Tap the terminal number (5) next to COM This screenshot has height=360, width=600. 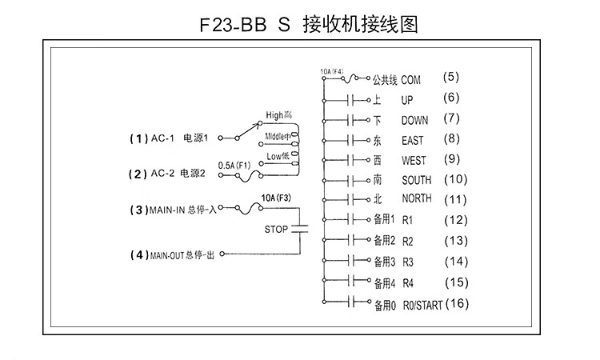[x=452, y=78]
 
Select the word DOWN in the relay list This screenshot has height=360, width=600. [x=414, y=121]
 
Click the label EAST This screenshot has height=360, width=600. [x=413, y=141]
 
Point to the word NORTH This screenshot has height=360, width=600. [x=417, y=199]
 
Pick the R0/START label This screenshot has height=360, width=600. [x=422, y=304]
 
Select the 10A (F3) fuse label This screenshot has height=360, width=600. [x=276, y=195]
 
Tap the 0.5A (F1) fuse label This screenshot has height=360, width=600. [x=234, y=165]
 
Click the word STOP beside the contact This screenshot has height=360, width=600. [x=276, y=229]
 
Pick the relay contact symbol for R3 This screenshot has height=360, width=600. [x=353, y=261]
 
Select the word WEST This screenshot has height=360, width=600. [x=414, y=160]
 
